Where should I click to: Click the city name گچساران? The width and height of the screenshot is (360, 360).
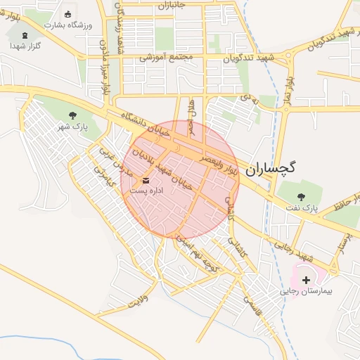tap(272, 169)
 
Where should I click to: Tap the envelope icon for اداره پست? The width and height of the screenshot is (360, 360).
tap(146, 180)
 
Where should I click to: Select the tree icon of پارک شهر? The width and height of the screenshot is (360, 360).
tap(72, 115)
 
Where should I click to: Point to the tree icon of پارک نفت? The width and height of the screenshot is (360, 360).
tap(302, 198)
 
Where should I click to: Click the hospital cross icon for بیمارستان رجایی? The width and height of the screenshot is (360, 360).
tap(306, 279)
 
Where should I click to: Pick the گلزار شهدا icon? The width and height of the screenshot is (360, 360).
tap(25, 35)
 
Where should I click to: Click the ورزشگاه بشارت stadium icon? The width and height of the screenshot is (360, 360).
tap(67, 14)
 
